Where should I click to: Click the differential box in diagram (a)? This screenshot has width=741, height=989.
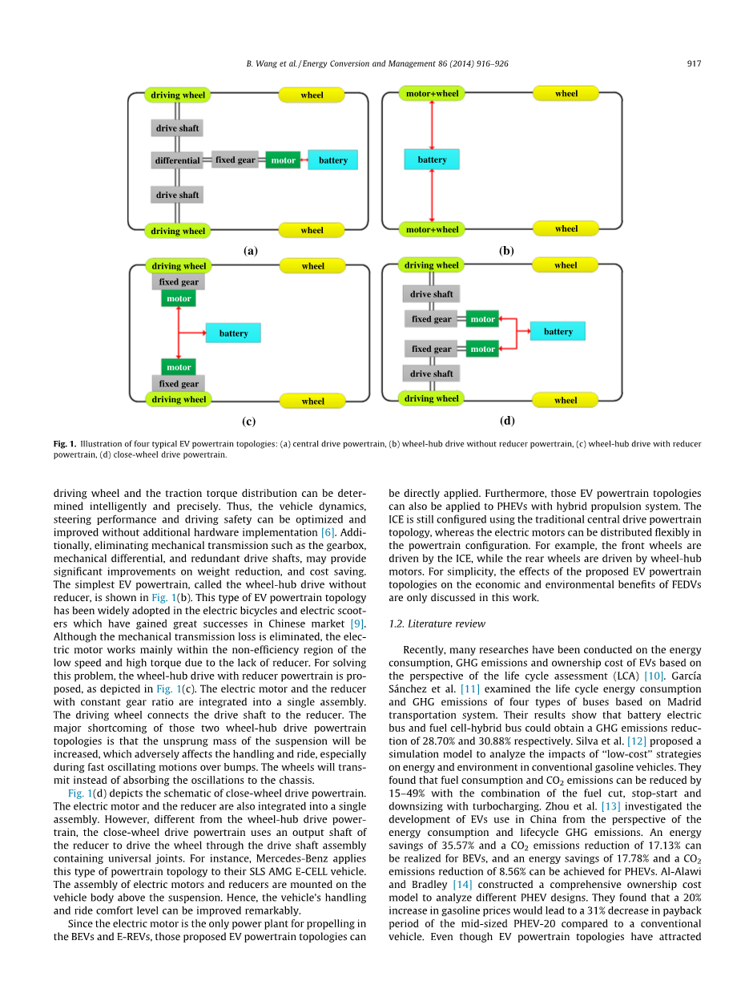pyautogui.click(x=177, y=160)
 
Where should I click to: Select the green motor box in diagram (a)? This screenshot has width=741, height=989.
pyautogui.click(x=283, y=160)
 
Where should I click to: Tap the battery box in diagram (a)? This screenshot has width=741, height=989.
pyautogui.click(x=332, y=160)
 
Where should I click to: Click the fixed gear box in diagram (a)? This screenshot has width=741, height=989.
pyautogui.click(x=235, y=159)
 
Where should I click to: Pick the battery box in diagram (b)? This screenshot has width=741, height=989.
pyautogui.click(x=432, y=159)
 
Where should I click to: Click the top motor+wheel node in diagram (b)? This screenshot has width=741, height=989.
pyautogui.click(x=432, y=94)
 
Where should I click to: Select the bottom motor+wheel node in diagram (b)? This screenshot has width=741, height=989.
pyautogui.click(x=432, y=229)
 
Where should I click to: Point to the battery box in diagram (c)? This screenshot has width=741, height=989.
pyautogui.click(x=233, y=333)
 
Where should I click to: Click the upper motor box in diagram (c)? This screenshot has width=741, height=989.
pyautogui.click(x=179, y=299)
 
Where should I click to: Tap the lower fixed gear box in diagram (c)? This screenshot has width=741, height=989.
pyautogui.click(x=179, y=384)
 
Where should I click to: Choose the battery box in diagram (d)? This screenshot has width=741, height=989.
pyautogui.click(x=558, y=331)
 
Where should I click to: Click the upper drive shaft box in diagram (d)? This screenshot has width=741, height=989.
pyautogui.click(x=431, y=294)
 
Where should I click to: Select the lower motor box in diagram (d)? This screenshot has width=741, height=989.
pyautogui.click(x=482, y=349)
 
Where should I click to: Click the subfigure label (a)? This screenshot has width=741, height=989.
pyautogui.click(x=250, y=251)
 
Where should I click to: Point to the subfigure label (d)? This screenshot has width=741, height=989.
pyautogui.click(x=506, y=420)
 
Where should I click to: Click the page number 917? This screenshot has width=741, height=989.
pyautogui.click(x=694, y=64)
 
